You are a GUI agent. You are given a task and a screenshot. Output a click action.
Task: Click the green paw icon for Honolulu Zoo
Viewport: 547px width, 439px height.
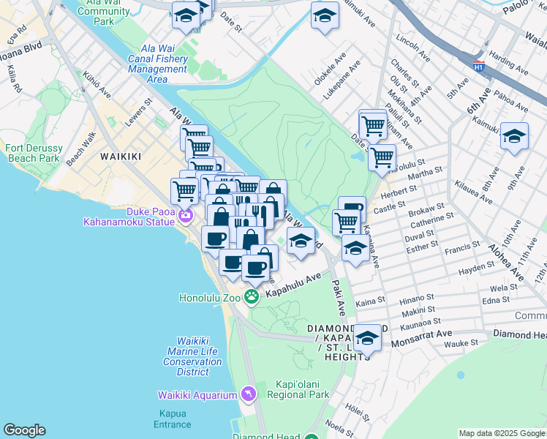[x=252, y=297]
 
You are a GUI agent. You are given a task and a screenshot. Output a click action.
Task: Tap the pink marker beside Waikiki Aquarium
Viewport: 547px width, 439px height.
[x=249, y=395]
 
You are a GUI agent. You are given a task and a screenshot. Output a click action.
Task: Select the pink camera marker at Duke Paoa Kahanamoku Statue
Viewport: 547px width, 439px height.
[x=186, y=215]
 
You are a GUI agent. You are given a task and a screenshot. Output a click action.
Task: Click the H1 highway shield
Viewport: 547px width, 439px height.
[x=478, y=67]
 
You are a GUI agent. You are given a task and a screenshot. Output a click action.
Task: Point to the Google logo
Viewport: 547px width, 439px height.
[x=24, y=430]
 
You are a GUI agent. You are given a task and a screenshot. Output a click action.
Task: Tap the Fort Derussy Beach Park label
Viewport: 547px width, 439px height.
[x=33, y=153]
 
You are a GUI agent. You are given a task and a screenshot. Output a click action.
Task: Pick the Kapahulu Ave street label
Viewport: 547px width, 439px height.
[x=293, y=285]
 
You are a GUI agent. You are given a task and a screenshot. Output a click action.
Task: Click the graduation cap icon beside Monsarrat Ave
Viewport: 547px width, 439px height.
[x=367, y=337]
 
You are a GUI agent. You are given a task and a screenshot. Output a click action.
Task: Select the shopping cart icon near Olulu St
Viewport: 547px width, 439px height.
[x=382, y=156]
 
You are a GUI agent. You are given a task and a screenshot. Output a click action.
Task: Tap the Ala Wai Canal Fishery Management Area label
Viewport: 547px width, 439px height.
[x=157, y=64]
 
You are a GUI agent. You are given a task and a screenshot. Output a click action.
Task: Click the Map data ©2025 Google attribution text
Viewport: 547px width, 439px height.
[x=502, y=433]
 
